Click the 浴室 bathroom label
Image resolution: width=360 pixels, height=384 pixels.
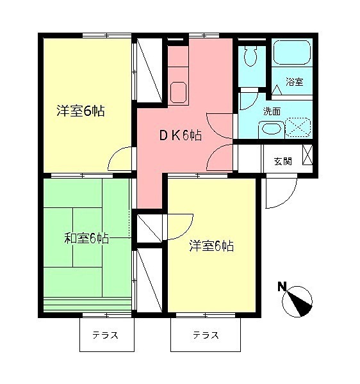pos(294,83)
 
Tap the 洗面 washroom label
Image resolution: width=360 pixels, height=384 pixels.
pos(272,111)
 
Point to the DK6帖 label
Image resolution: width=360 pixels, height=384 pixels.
pos(181,135)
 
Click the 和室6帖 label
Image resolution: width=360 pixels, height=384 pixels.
pos(86,239)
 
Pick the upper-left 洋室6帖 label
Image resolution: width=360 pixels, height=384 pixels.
pos(81,111)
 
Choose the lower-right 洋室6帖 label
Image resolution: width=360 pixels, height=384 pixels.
pos(211,246)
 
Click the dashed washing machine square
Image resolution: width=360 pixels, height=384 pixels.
pos(297,125)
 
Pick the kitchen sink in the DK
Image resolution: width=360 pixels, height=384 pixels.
pos(177,92)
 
